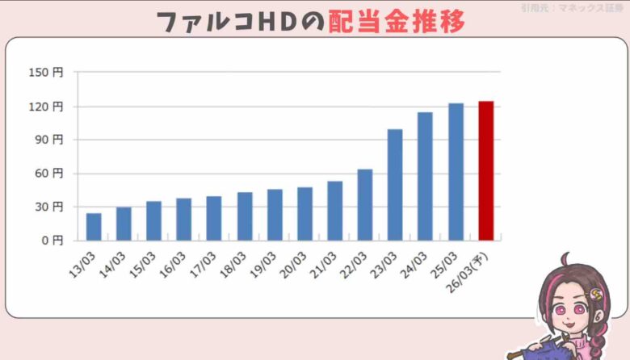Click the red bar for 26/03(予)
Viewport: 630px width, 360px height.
pos(485,171)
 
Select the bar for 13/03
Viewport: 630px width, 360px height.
pos(94,227)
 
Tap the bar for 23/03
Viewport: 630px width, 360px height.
pos(395,185)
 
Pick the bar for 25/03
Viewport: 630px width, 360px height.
pos(456,172)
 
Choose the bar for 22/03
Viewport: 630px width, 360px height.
pos(365,205)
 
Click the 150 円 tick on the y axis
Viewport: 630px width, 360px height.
pos(50,73)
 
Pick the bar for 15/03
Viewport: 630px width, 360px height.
pos(153,220)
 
